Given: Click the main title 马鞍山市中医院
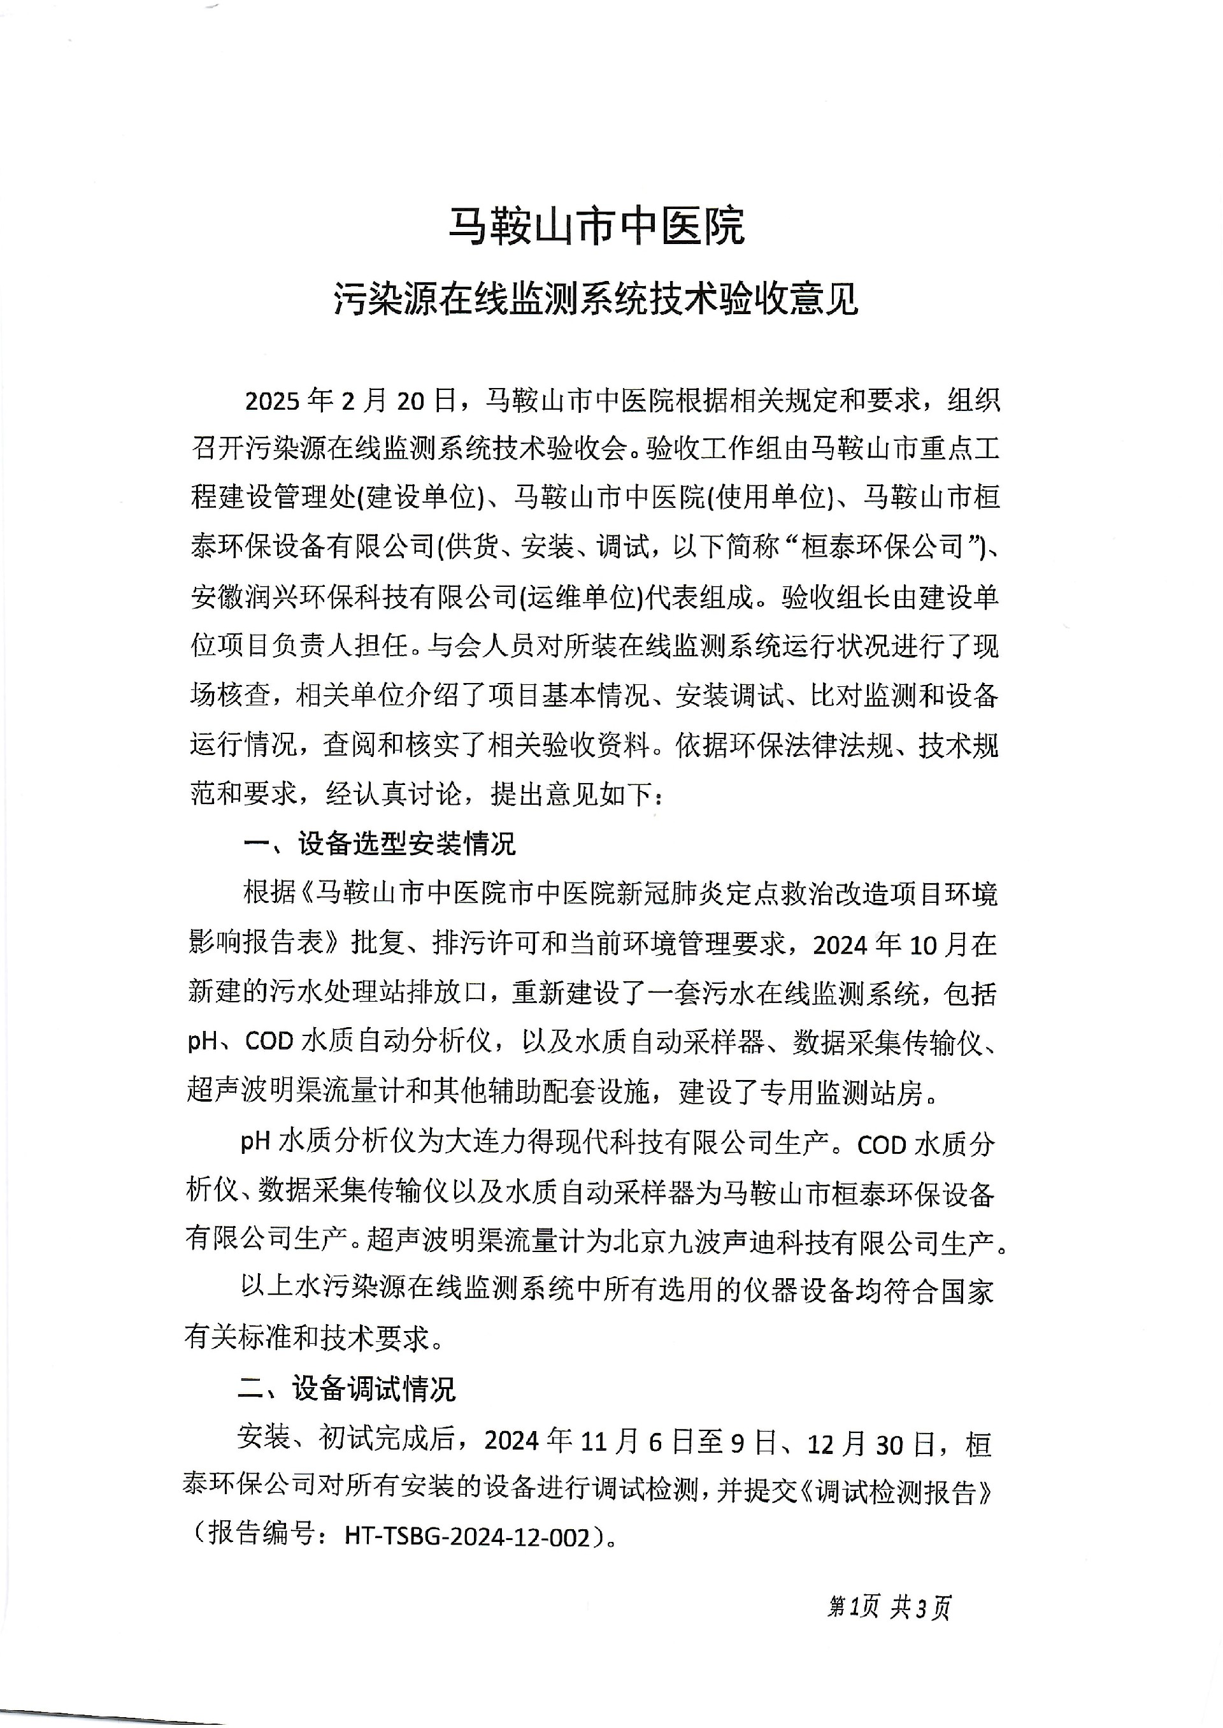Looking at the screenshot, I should point(596,226).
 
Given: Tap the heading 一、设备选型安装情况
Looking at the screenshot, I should point(380,844).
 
